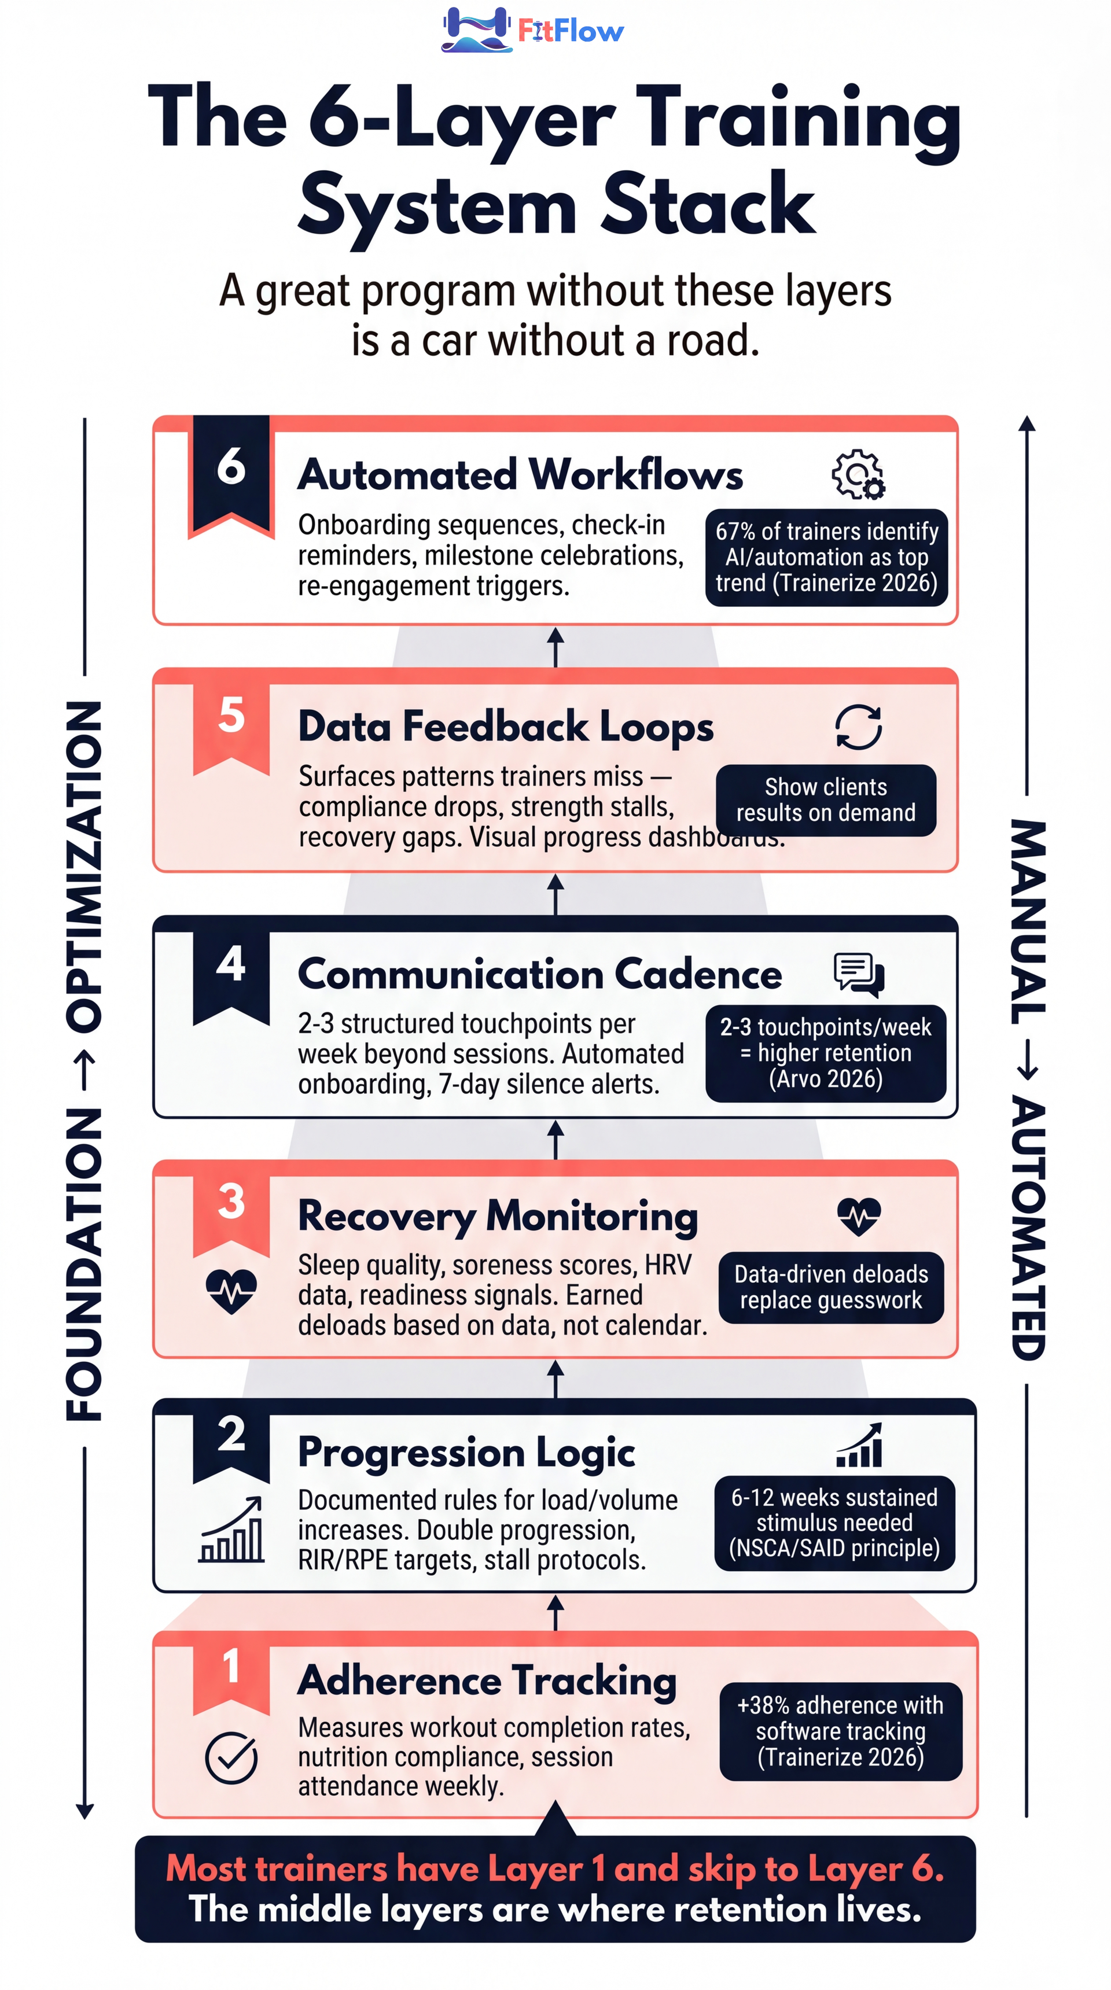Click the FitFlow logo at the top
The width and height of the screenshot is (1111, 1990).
(532, 30)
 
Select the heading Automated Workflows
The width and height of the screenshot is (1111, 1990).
(520, 474)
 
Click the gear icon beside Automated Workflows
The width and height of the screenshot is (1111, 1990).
(858, 474)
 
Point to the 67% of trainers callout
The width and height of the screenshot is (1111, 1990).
(826, 557)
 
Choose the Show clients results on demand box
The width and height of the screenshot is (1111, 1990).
(825, 800)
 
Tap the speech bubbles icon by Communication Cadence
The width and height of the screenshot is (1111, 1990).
(858, 974)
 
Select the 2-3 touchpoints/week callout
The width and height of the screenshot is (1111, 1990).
(825, 1053)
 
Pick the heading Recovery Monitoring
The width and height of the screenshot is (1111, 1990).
(498, 1217)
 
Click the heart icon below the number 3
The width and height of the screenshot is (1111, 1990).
(231, 1290)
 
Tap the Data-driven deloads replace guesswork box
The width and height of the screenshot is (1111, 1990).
(830, 1287)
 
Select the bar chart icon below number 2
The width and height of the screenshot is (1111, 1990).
(231, 1531)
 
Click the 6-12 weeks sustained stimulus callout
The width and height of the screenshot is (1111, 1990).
(834, 1523)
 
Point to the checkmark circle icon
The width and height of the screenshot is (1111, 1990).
(231, 1758)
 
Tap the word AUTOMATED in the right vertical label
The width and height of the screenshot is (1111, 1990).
(1028, 1228)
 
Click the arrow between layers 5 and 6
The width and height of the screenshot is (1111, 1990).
(555, 647)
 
